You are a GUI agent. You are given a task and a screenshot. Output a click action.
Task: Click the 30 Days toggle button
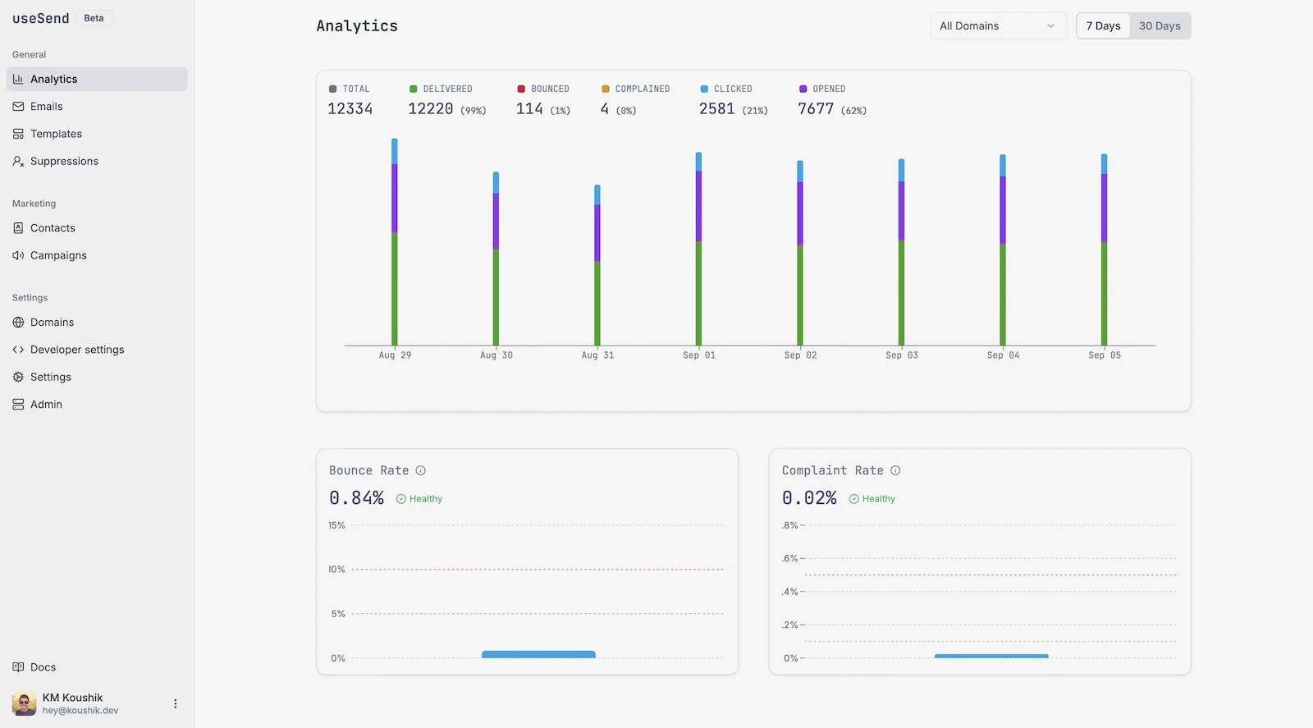(1160, 25)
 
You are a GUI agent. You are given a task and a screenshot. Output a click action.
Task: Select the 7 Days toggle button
(1103, 25)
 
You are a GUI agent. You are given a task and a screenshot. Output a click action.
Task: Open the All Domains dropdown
(998, 25)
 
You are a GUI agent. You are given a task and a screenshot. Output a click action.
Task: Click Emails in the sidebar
(46, 106)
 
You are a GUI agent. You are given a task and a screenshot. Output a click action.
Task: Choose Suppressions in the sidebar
(64, 161)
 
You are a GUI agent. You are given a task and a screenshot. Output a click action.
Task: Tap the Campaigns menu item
(58, 255)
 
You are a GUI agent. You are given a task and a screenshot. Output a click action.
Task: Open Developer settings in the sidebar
(77, 350)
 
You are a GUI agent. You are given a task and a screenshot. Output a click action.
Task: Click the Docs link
(43, 667)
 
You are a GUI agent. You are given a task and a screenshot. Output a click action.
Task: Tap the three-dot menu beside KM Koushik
(176, 703)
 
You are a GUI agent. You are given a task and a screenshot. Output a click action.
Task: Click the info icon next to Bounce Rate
(420, 470)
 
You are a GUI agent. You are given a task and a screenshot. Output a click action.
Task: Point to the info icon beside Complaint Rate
(895, 470)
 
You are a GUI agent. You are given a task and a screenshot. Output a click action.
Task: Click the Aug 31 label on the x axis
(597, 355)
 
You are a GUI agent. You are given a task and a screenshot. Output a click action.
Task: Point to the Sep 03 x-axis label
(902, 355)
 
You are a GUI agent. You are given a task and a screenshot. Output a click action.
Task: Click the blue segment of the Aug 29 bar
(395, 151)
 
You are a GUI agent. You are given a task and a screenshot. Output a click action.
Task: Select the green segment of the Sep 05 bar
(1104, 294)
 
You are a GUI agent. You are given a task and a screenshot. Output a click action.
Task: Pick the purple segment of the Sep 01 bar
(698, 206)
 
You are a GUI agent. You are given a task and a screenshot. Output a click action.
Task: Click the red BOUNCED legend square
(521, 89)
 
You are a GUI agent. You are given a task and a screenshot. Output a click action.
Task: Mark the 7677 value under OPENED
(816, 109)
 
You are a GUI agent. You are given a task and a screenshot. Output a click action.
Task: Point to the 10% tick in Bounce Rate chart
(337, 569)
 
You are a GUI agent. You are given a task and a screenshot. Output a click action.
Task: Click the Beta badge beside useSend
(94, 18)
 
